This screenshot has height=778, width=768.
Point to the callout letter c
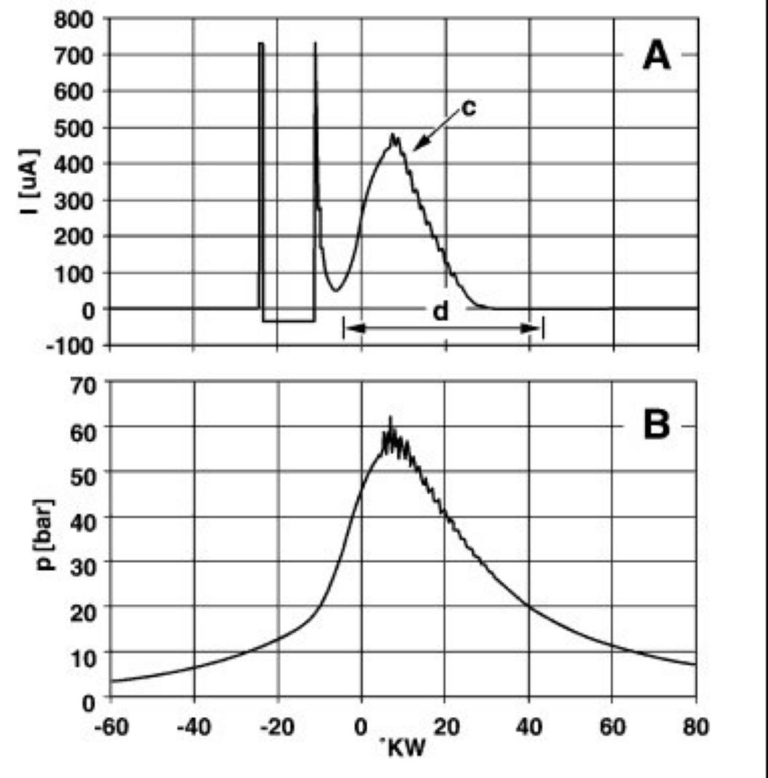(470, 109)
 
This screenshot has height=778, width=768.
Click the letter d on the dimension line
(441, 313)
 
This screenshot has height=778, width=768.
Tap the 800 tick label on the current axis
(74, 19)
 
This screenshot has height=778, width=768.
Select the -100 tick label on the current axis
(71, 345)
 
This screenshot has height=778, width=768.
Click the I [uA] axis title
(28, 183)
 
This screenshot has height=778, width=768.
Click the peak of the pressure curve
(390, 418)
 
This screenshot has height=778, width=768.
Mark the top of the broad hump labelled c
(393, 135)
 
